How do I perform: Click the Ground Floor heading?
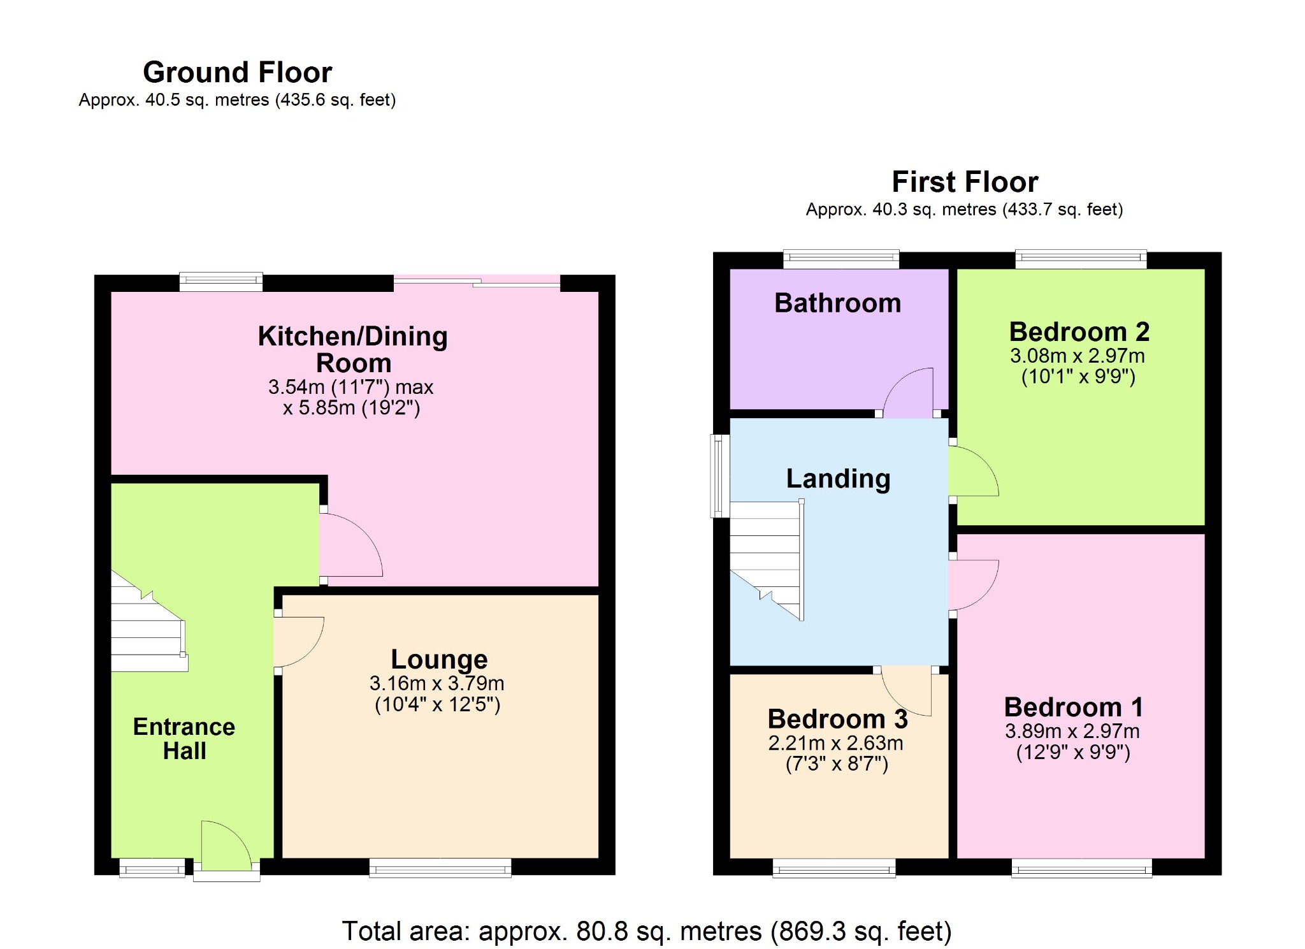click(237, 72)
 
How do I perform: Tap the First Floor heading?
click(964, 182)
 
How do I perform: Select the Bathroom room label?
click(837, 303)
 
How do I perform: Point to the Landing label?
click(837, 479)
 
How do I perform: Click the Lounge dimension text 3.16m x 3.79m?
click(436, 683)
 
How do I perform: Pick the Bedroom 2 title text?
click(1079, 331)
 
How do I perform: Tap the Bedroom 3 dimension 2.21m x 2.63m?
click(835, 743)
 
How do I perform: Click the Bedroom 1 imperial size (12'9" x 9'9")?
click(1072, 752)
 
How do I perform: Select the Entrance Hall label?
click(184, 739)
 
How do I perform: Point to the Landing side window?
click(720, 475)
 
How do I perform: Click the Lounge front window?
click(440, 867)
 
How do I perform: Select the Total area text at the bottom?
click(646, 931)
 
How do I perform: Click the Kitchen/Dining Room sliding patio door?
click(477, 282)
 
